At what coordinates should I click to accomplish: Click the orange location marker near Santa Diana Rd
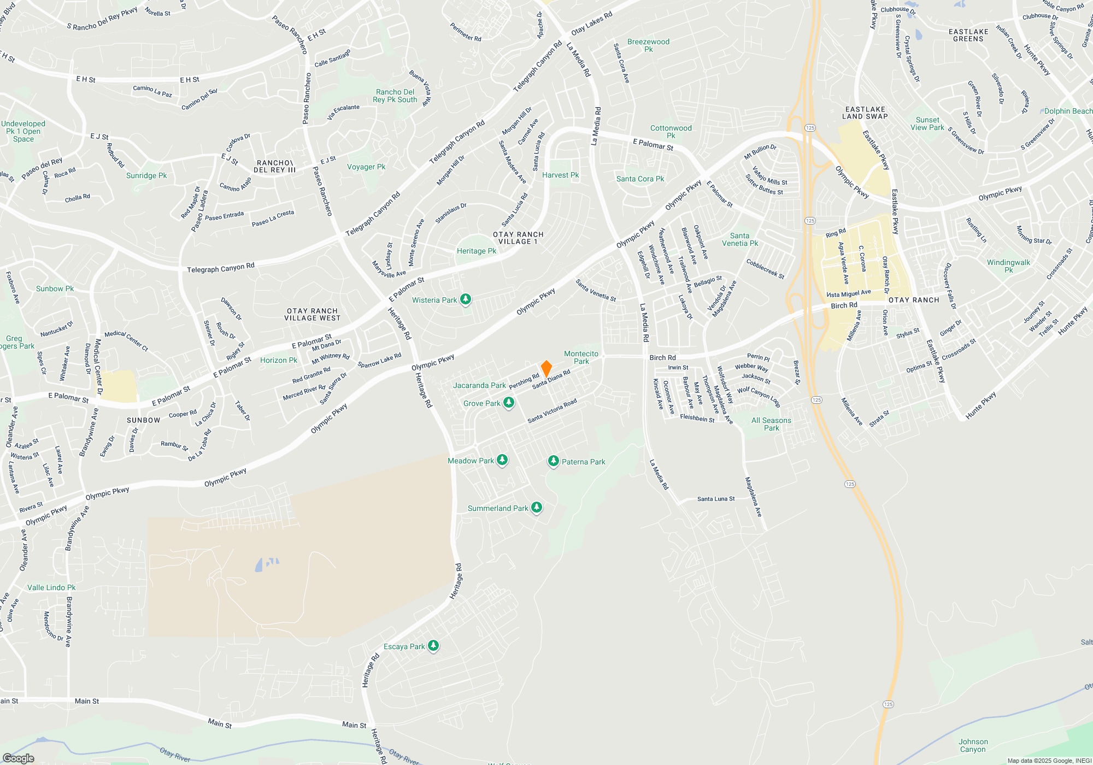pos(546,368)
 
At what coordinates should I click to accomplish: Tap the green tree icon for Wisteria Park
pos(466,299)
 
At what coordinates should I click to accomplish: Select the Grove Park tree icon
pos(509,403)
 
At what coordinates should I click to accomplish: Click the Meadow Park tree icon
pos(502,461)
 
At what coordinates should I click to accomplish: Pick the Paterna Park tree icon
pos(554,462)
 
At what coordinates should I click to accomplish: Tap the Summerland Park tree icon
pos(537,508)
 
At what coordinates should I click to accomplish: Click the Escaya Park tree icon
pos(433,646)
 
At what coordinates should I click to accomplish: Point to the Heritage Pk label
pos(477,251)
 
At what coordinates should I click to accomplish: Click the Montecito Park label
pos(581,357)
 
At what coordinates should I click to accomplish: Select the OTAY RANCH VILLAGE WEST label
pos(313,314)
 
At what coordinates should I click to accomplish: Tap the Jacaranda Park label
pos(479,385)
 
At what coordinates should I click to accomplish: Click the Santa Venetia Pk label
pos(740,239)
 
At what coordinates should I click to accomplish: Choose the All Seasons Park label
pos(771,424)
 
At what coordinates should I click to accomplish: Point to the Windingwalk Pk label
pos(1008,266)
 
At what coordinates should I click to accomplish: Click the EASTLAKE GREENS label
pos(968,35)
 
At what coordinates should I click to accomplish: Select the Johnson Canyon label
pos(973,745)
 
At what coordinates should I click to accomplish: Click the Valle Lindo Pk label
pos(51,587)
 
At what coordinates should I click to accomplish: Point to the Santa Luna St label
pos(716,499)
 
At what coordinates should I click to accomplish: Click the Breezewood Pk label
pos(648,45)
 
